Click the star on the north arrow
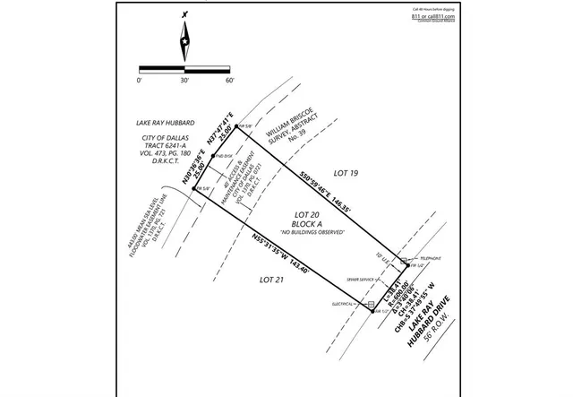(x=184, y=41)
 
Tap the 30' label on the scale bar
(x=184, y=81)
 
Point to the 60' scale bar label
(x=229, y=81)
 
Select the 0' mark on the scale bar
(x=140, y=81)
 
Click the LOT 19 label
(x=345, y=171)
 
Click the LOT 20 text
(x=306, y=214)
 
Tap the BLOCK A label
(x=306, y=225)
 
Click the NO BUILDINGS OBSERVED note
(x=306, y=234)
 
